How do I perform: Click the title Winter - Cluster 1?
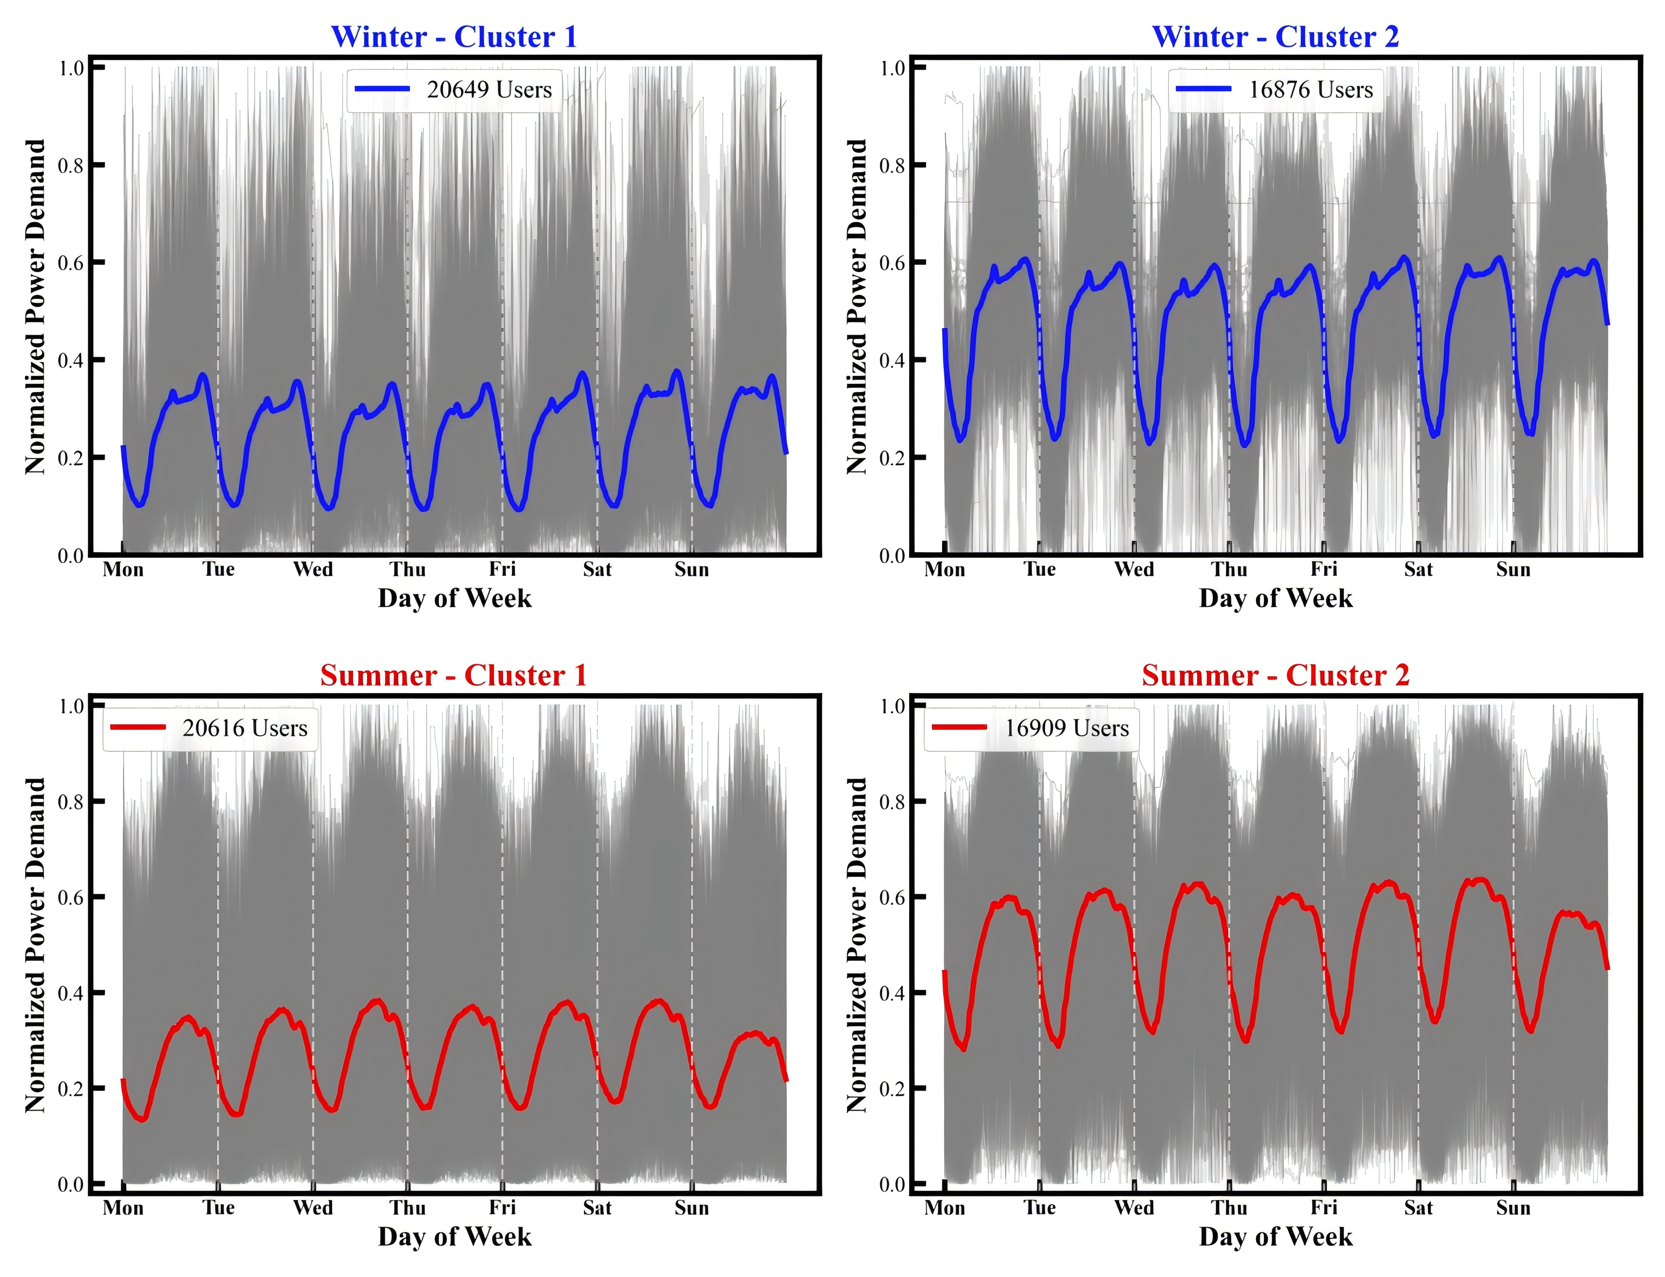(x=454, y=37)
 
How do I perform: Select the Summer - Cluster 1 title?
(x=454, y=675)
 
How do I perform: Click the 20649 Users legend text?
(x=489, y=90)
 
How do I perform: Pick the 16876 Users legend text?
(x=1311, y=90)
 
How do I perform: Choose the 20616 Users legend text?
(x=245, y=728)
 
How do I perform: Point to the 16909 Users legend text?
(x=1067, y=728)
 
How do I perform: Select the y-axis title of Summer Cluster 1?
(x=35, y=945)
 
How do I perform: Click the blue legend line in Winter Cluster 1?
(x=382, y=89)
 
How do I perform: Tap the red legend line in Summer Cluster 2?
(x=959, y=727)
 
